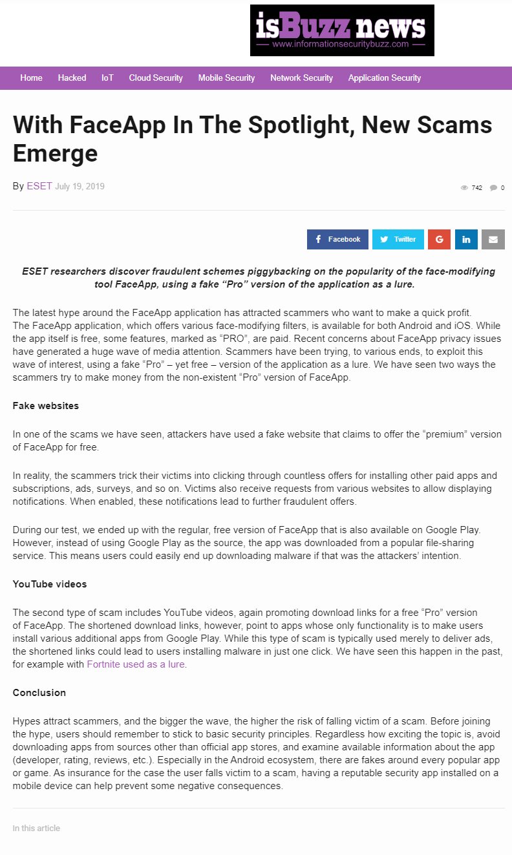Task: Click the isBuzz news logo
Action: click(342, 30)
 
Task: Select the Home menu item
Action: click(31, 78)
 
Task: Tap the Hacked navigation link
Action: click(72, 78)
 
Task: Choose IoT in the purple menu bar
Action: click(107, 78)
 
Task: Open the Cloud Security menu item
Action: click(156, 78)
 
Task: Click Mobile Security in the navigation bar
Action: click(226, 78)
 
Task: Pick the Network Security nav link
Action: click(301, 78)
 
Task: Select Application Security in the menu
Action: click(385, 78)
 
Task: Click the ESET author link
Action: click(39, 186)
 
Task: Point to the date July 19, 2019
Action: click(80, 187)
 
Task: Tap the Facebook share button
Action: click(337, 239)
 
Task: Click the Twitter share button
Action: click(398, 239)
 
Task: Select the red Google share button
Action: click(439, 239)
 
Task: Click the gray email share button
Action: click(493, 239)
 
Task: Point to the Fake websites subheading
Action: click(46, 406)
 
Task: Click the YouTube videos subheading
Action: click(50, 584)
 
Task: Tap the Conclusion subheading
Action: click(39, 693)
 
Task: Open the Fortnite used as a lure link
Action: click(136, 664)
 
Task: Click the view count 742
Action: click(476, 188)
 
